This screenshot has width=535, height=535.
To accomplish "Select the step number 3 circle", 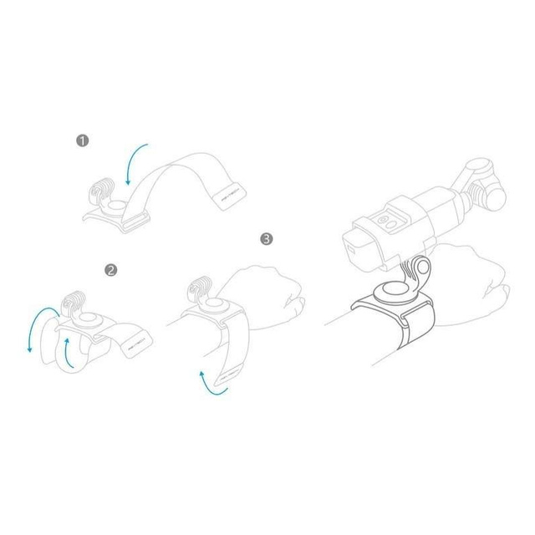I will click(266, 239).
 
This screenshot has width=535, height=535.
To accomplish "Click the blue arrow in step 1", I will click(135, 162).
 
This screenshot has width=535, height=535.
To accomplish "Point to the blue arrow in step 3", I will click(211, 380).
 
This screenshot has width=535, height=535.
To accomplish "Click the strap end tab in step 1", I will click(228, 197).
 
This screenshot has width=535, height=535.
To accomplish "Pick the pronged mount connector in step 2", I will click(74, 301).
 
